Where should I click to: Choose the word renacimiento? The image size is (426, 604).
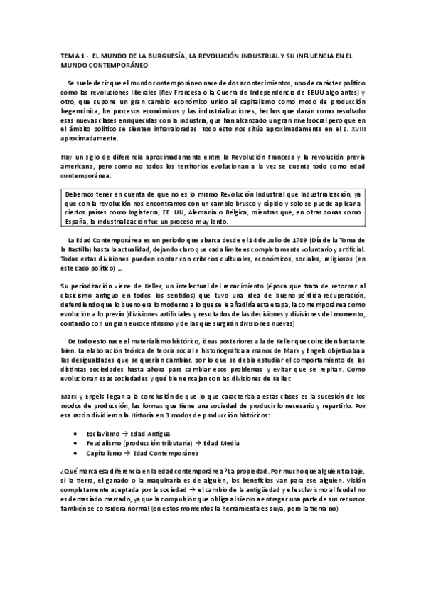point(218,286)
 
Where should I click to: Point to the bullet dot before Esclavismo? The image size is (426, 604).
point(76,433)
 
